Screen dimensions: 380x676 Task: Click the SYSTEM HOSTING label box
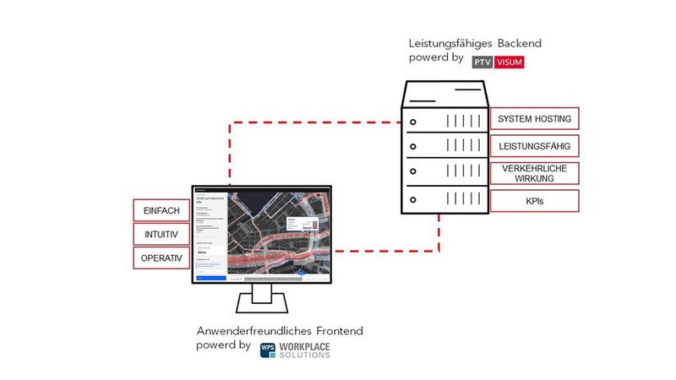534,118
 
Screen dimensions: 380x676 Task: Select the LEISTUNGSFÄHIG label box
534,146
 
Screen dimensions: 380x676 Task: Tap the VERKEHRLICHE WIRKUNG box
534,173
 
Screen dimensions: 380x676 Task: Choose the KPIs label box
534,201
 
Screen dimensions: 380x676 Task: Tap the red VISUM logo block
510,62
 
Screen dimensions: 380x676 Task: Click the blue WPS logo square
268,350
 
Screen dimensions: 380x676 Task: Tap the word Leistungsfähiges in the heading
439,42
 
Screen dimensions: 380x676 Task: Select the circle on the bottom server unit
413,200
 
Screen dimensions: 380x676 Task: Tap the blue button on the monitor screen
210,276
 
